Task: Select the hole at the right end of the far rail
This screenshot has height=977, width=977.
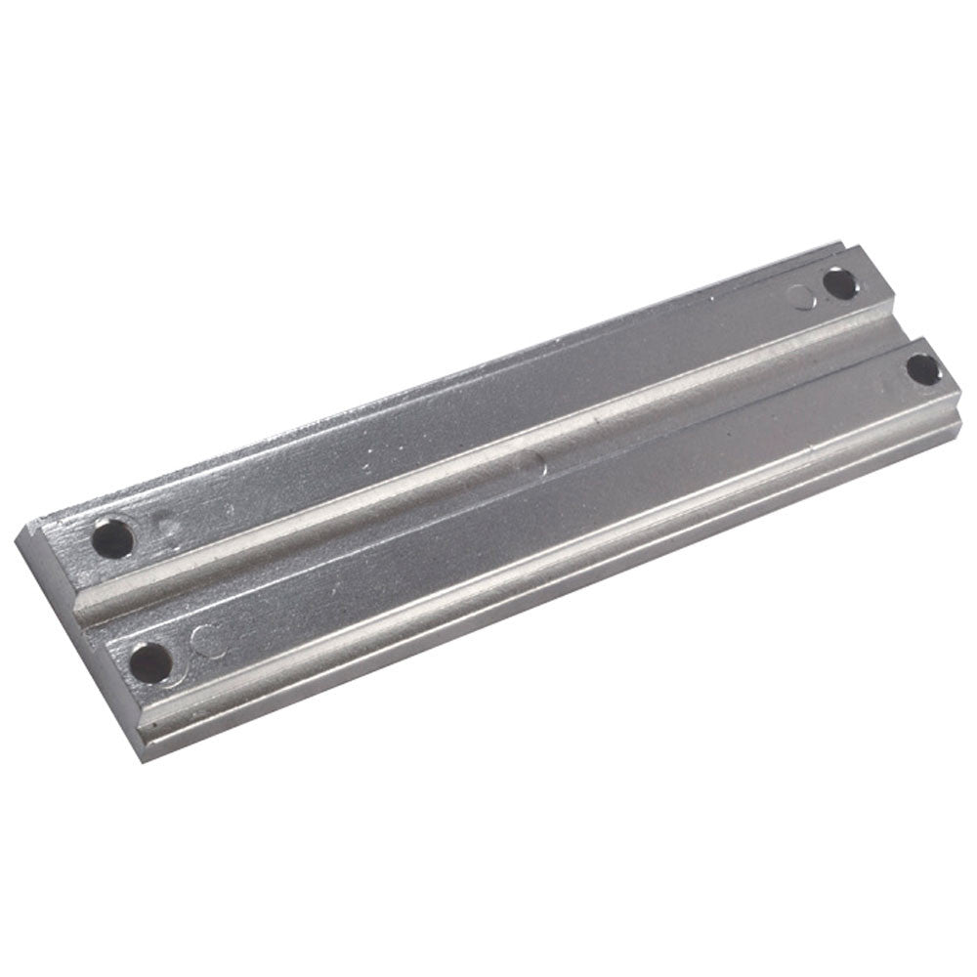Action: [839, 283]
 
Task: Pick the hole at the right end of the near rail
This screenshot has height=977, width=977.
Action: [921, 368]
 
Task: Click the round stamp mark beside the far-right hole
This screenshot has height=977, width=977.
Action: [805, 296]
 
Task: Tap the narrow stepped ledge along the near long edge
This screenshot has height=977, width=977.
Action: [547, 576]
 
